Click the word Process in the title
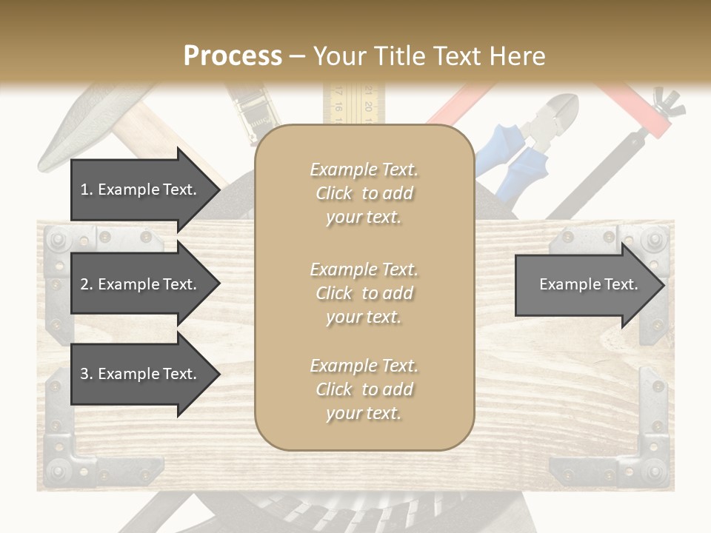233,56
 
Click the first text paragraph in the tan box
364,193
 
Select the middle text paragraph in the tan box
364,293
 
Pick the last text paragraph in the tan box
364,389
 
